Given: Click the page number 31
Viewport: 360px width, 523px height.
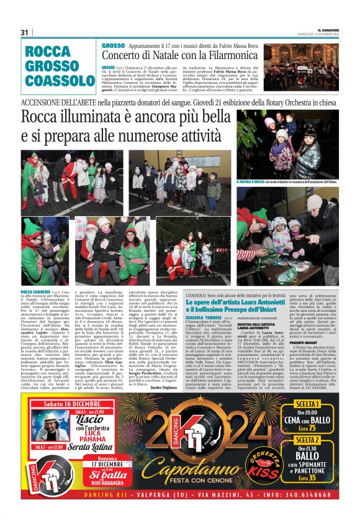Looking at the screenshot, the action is tap(25, 32).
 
